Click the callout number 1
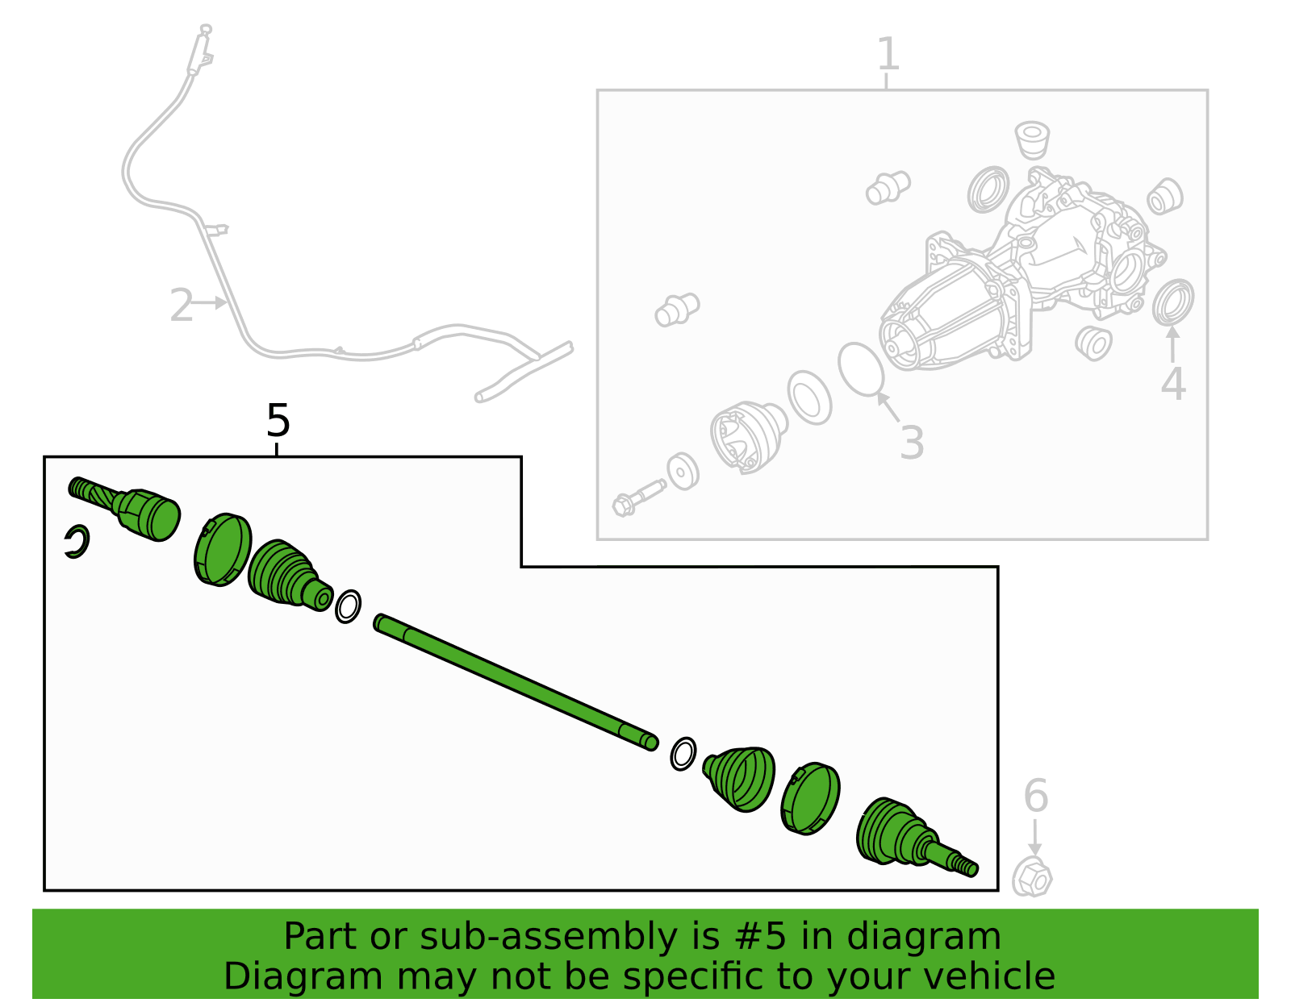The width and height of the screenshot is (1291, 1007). (x=888, y=54)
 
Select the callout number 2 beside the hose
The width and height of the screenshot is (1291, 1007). (x=182, y=305)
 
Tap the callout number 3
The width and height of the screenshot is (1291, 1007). (x=912, y=443)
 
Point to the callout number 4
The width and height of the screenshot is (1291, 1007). (x=1173, y=384)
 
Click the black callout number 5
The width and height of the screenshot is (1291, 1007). (x=278, y=420)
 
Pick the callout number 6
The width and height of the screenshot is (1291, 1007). (x=1036, y=795)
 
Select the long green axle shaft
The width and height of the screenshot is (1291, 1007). (x=516, y=682)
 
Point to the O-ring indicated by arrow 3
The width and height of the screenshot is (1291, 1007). (x=861, y=369)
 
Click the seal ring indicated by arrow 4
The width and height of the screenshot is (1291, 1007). (x=1172, y=302)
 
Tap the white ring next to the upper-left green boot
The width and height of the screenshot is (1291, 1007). (x=348, y=606)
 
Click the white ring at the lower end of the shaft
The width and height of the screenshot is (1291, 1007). (x=683, y=754)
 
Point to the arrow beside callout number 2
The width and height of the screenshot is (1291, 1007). (x=209, y=302)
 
